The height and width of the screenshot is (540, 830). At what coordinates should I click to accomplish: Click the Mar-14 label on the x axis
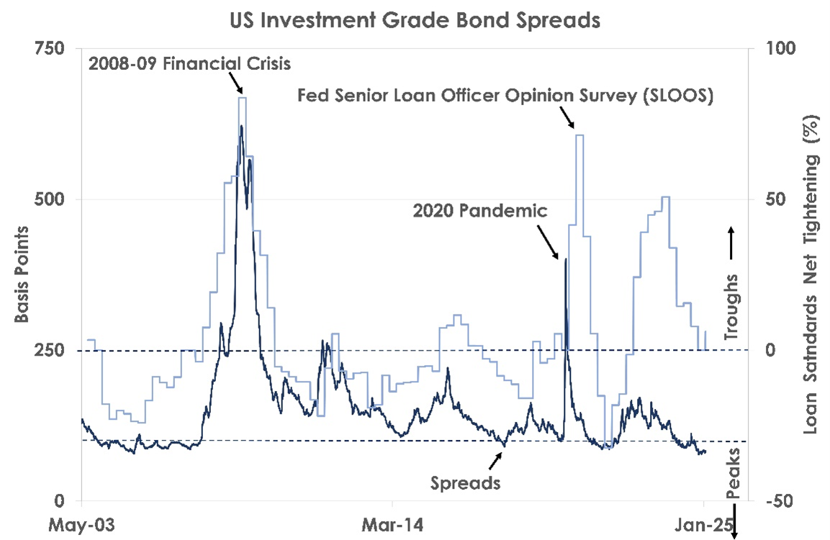pos(392,523)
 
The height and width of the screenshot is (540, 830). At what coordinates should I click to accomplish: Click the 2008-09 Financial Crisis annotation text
pos(189,63)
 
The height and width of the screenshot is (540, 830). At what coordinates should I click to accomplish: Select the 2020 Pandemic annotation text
pos(480,211)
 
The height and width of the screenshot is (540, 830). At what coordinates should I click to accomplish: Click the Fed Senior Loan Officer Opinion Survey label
pos(505,95)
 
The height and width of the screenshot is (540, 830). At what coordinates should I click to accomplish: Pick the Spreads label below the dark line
pos(465,482)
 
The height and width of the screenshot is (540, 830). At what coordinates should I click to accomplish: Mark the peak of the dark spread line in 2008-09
pos(241,127)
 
